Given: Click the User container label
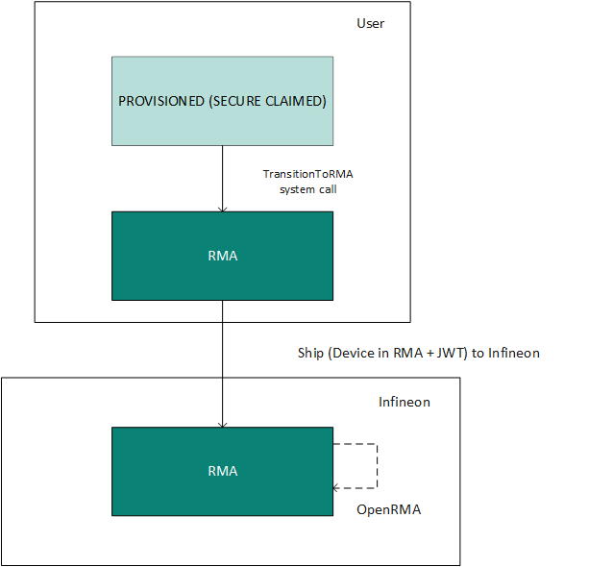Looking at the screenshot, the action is coord(370,23).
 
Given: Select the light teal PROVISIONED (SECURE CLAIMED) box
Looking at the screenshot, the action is coord(223,101).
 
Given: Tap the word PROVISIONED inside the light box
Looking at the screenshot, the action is coord(161,101).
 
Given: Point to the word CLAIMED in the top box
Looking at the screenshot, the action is coord(296,101).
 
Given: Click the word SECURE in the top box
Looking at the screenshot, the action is coord(235,101).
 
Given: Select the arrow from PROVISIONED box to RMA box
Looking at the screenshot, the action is coord(223,179).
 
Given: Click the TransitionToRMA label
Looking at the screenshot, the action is coord(308,174).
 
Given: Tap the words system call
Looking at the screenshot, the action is coord(308,189).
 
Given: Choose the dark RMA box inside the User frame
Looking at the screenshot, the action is coord(223,257).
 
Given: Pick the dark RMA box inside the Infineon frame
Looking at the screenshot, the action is coord(223,471).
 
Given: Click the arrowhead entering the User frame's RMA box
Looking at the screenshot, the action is coord(223,210).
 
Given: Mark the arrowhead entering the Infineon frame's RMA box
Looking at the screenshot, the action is coord(223,425).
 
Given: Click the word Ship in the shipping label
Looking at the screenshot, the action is coord(310,354).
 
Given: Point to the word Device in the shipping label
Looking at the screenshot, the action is coord(350,353).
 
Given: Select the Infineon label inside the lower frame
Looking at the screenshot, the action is coord(405,402).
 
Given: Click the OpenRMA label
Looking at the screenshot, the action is coord(388,509).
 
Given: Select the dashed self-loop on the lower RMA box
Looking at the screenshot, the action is coord(377,466).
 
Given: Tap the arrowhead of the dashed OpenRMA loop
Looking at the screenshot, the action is coord(335,488).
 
